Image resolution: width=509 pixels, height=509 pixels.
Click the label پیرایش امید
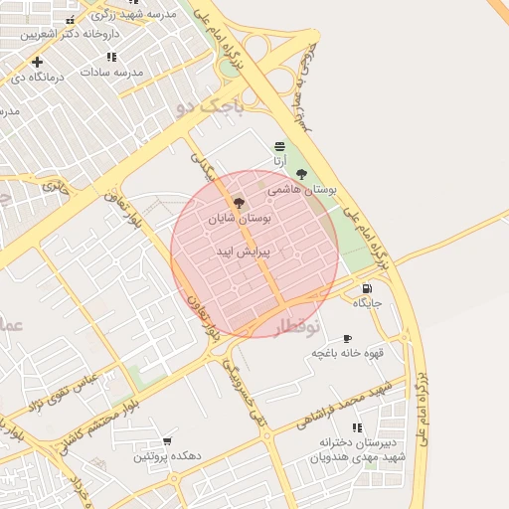tap(238, 253)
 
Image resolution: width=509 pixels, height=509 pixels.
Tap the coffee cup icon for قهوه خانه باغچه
tap(347, 338)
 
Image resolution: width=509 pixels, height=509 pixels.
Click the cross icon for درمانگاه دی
tap(37, 62)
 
